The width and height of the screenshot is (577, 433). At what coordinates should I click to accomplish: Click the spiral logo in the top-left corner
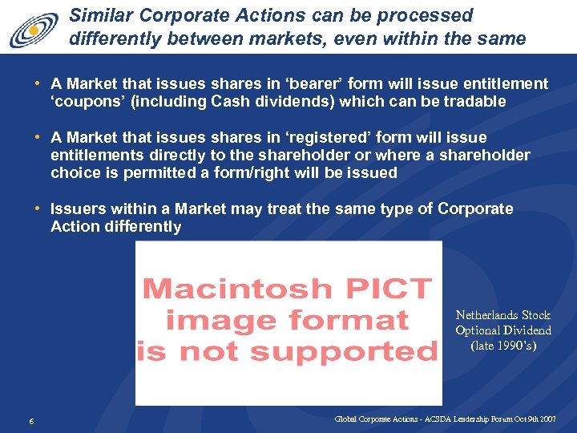(34, 30)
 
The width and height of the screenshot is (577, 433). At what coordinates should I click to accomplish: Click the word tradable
(478, 102)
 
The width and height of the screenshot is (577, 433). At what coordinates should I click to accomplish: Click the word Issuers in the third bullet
(77, 208)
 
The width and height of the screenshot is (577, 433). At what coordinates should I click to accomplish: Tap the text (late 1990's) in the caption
(503, 346)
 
